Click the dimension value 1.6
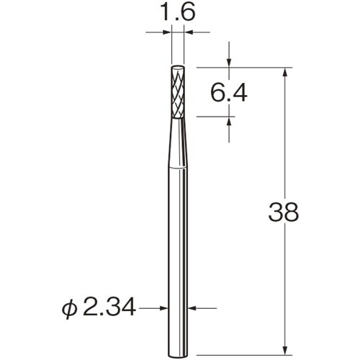(x=177, y=12)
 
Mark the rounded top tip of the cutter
(x=177, y=68)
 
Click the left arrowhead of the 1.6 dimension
(x=168, y=32)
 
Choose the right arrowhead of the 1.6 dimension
(x=188, y=32)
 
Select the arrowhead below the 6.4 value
(x=229, y=122)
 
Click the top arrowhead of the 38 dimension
(x=287, y=73)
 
